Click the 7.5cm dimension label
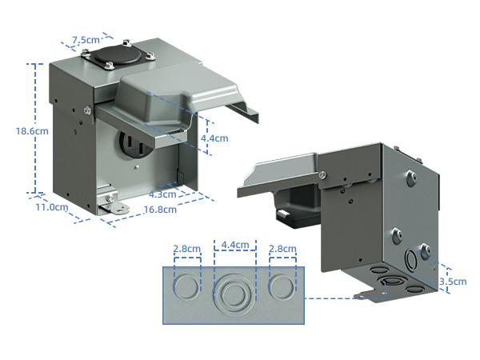coord(86,40)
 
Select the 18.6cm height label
coord(16,132)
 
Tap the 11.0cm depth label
coord(51,208)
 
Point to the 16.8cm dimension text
coord(160,210)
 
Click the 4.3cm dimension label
coord(162,194)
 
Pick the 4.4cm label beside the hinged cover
coord(214,138)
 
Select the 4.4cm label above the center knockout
coord(234,245)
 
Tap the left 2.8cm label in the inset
coord(187,249)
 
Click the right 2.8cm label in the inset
coord(283,249)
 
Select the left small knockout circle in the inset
coord(187,287)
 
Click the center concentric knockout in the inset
coord(234,291)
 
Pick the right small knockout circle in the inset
coord(283,287)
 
